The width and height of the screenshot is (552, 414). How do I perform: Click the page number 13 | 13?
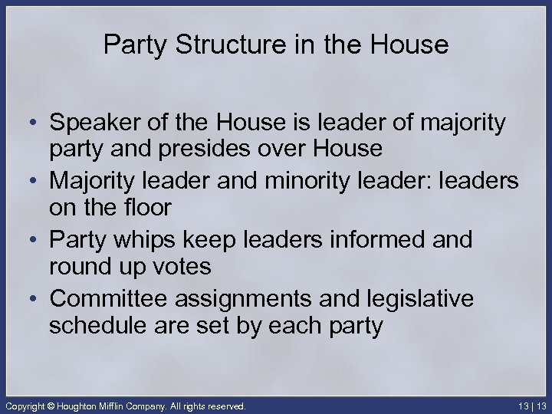coord(530,405)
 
